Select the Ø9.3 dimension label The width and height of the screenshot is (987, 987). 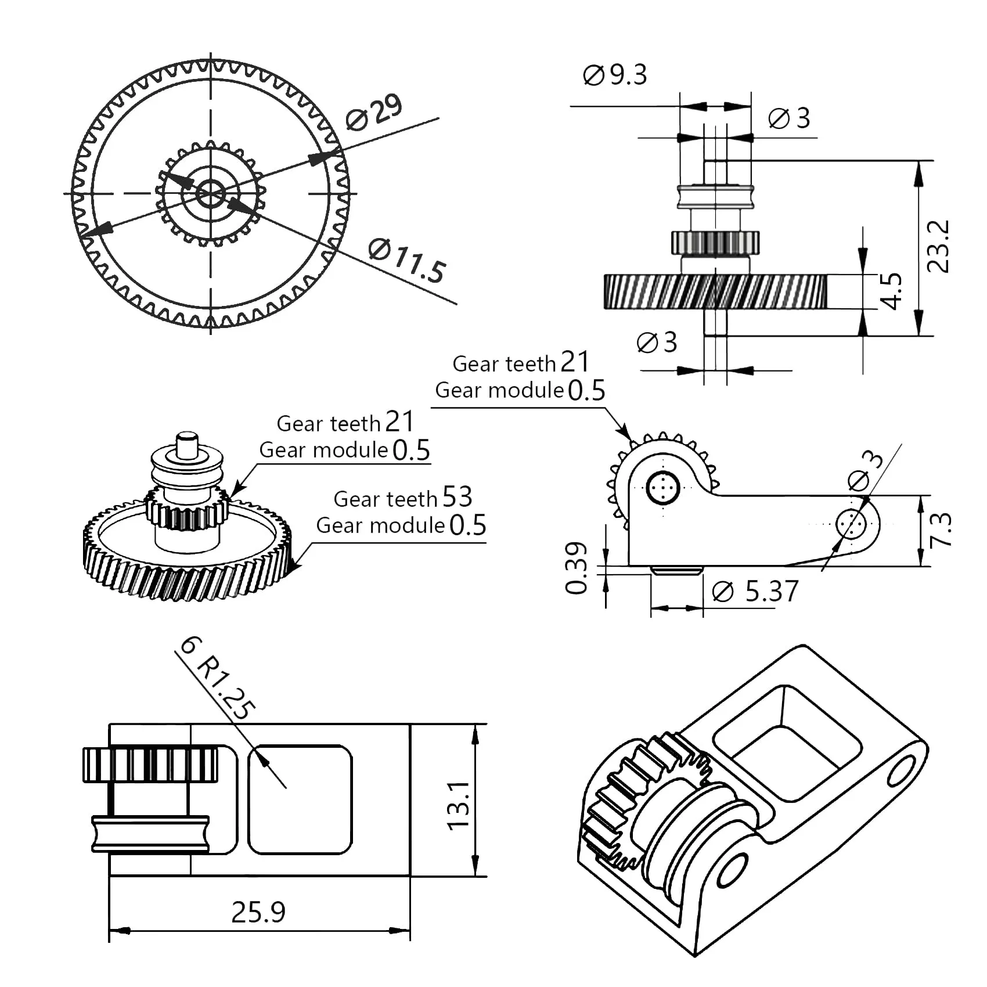[615, 75]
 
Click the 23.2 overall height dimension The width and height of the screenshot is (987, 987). [938, 246]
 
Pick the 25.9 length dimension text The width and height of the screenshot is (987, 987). [258, 912]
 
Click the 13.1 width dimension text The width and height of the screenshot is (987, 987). [459, 806]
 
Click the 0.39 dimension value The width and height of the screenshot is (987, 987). [577, 568]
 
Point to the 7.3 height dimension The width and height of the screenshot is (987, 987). [941, 529]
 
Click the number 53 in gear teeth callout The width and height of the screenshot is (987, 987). [458, 497]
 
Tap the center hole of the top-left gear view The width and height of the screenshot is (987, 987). [210, 193]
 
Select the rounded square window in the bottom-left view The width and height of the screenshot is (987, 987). [300, 799]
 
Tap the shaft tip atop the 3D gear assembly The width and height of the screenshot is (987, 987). [188, 444]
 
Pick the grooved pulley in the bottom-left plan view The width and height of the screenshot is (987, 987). [150, 834]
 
